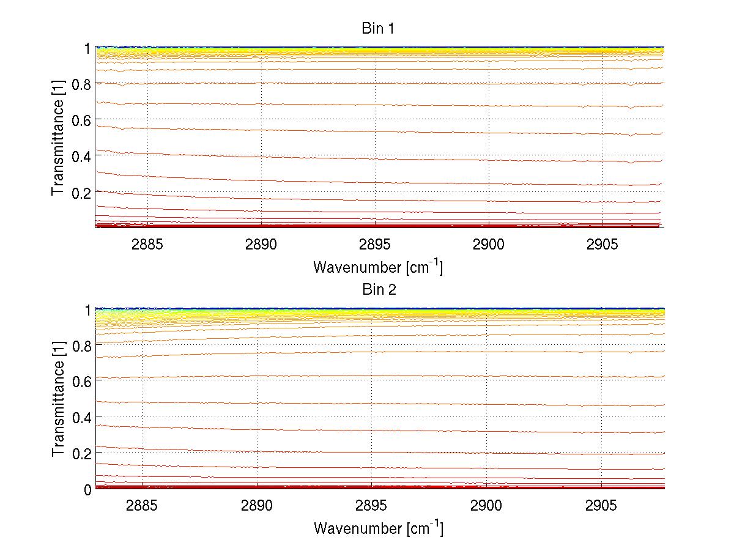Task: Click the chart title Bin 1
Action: (379, 29)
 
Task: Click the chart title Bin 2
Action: (379, 290)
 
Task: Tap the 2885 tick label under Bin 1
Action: (147, 245)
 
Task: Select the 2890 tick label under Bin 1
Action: (261, 245)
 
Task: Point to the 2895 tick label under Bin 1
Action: (375, 245)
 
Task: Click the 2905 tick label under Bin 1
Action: (602, 245)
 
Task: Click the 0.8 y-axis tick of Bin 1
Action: (81, 83)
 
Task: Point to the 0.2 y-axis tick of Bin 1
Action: (81, 192)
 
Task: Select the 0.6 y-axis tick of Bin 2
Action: (81, 381)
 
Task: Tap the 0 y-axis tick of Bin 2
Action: (87, 489)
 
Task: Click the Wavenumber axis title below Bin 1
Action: (378, 267)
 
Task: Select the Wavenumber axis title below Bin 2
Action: (378, 528)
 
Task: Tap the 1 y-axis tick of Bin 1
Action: (87, 48)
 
